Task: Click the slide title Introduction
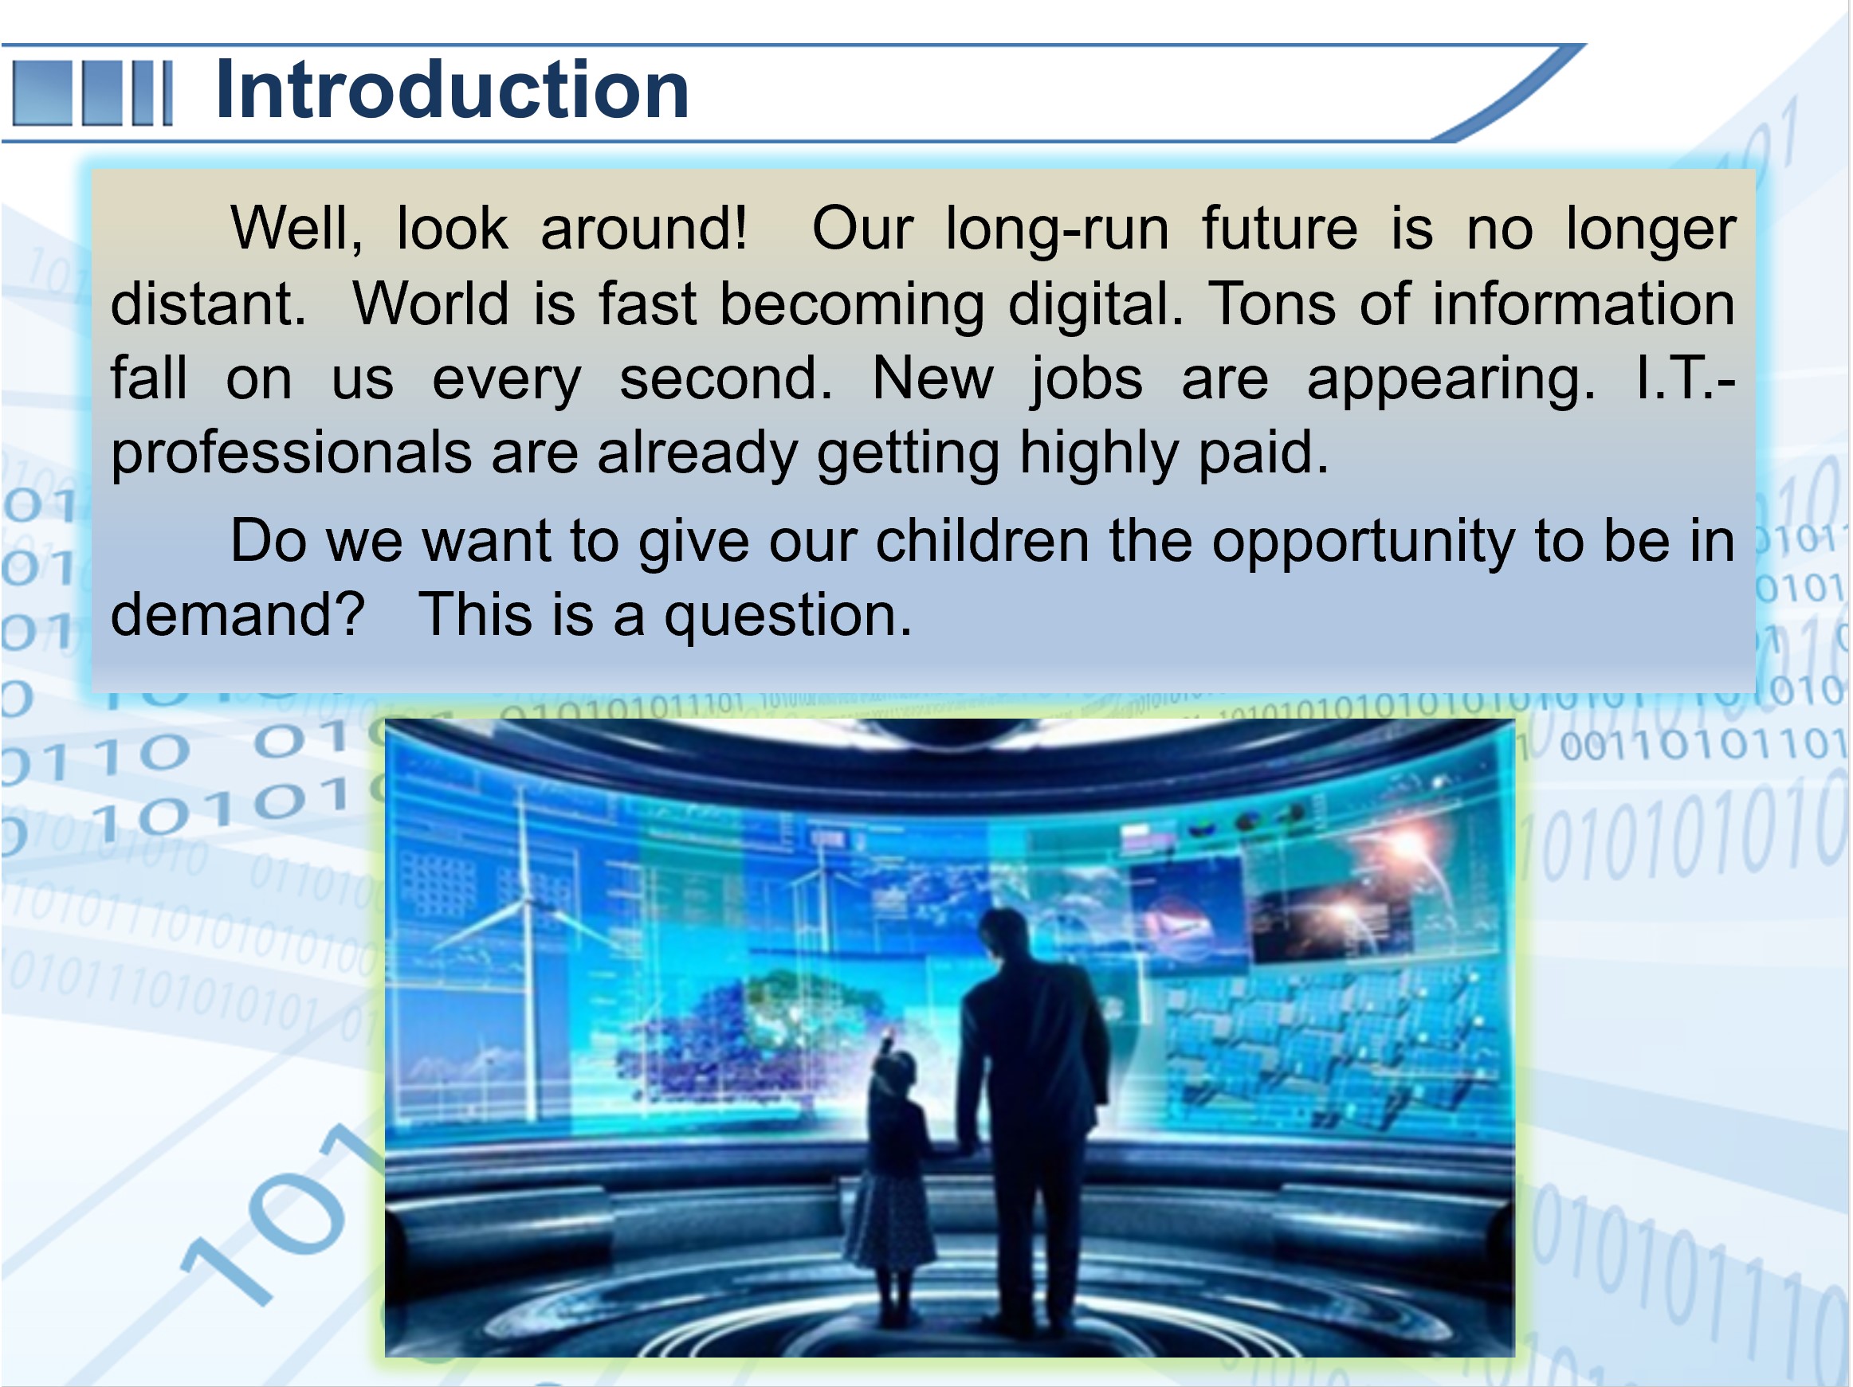[x=453, y=91]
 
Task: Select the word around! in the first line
[x=643, y=229]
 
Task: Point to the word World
[x=430, y=304]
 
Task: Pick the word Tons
[x=1273, y=304]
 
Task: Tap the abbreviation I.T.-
[x=1686, y=378]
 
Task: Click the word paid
[x=1264, y=453]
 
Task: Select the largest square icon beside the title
[x=43, y=92]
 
